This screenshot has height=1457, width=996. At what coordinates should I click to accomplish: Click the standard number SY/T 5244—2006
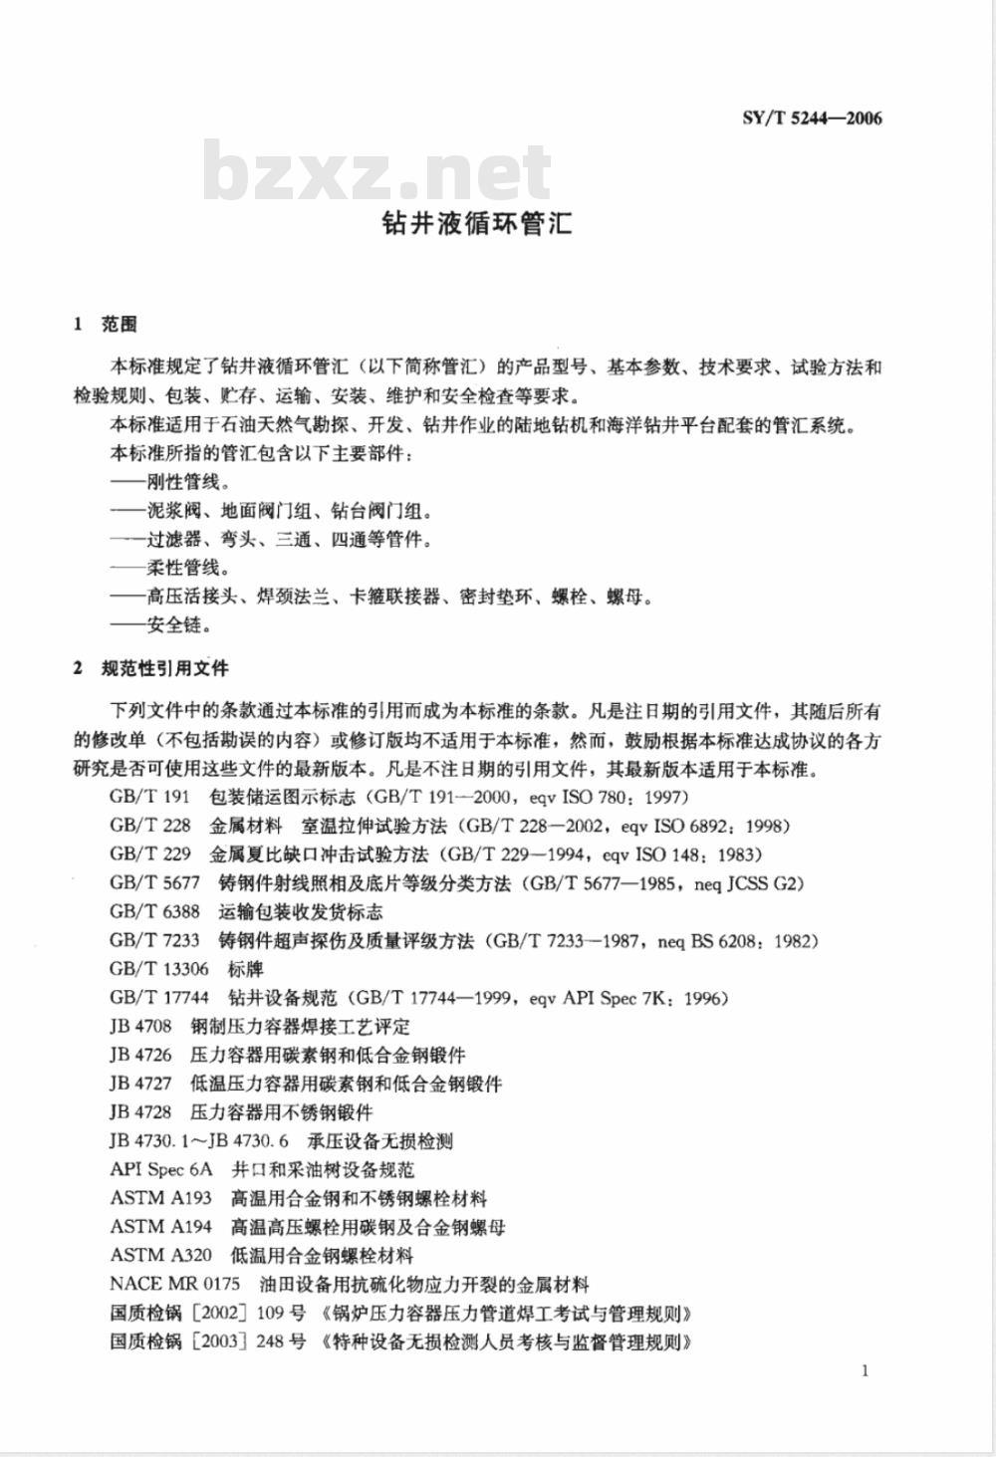pos(812,119)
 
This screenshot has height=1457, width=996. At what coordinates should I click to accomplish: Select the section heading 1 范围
pos(106,324)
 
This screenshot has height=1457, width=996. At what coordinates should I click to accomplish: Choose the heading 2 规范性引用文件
pos(151,668)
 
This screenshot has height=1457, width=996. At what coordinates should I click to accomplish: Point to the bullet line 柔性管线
pos(169,569)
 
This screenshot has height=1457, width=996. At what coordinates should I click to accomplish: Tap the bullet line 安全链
pos(160,626)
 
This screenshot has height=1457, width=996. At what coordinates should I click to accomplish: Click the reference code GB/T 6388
pos(154,912)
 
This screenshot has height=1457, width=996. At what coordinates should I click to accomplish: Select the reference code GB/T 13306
pos(159,969)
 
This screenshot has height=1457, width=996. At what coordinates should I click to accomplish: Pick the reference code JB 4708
pos(140,1027)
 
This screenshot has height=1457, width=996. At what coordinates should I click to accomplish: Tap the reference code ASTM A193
pos(160,1199)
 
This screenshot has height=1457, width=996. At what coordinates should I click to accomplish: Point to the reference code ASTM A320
pos(160,1256)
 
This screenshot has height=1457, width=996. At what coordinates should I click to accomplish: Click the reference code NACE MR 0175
pos(174,1285)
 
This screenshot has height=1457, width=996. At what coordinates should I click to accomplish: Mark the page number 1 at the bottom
pos(865,1371)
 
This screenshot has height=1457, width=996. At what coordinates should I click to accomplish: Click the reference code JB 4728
pos(140,1112)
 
